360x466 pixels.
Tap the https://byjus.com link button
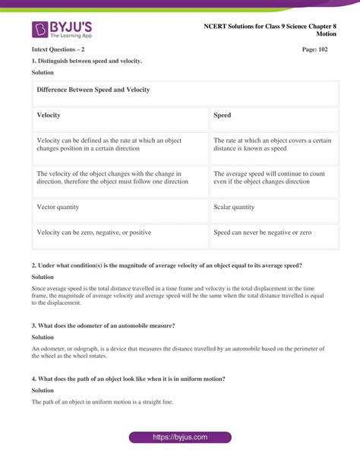pyautogui.click(x=180, y=437)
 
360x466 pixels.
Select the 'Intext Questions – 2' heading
pyautogui.click(x=58, y=49)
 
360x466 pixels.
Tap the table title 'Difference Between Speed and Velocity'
pyautogui.click(x=93, y=90)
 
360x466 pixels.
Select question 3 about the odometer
pyautogui.click(x=103, y=325)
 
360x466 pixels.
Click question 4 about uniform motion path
pyautogui.click(x=128, y=379)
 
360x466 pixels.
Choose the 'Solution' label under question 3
pyautogui.click(x=43, y=337)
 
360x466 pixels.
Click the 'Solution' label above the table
pyautogui.click(x=43, y=72)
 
